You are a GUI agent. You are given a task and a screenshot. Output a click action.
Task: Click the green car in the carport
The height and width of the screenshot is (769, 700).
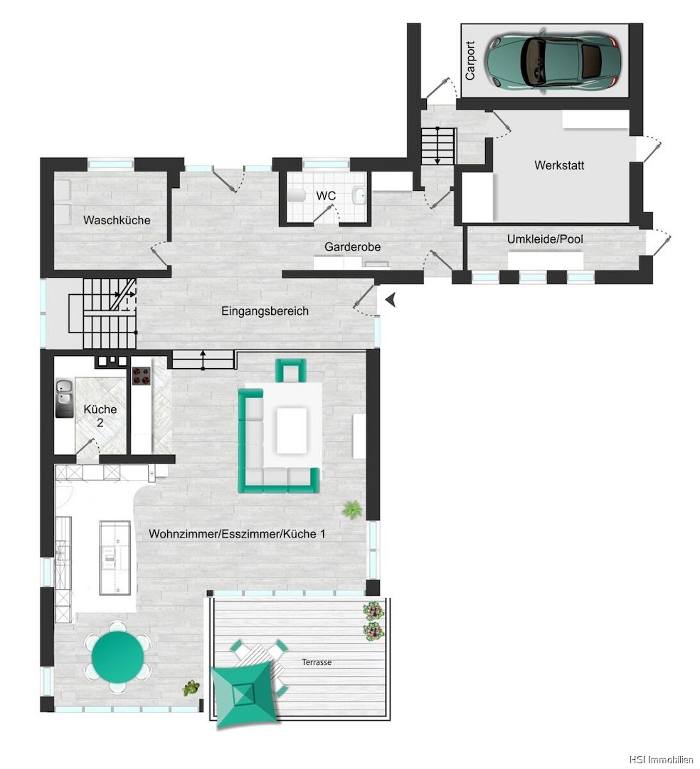553,61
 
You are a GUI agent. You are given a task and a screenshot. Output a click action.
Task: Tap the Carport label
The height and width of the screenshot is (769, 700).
470,61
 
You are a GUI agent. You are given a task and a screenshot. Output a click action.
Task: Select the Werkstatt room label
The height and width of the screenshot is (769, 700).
559,165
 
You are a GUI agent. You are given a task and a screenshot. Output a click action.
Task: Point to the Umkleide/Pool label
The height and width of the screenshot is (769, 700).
545,239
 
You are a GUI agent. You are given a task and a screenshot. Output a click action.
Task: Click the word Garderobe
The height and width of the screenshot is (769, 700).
352,246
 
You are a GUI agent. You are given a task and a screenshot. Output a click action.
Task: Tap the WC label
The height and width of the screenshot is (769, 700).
326,196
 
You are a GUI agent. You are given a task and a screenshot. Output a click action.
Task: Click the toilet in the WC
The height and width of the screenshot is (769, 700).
297,197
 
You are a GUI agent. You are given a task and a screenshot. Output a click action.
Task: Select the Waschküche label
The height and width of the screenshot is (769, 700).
117,220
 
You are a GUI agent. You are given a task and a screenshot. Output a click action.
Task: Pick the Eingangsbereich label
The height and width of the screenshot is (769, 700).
265,311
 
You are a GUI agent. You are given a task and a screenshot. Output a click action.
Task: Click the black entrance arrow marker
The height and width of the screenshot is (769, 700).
391,300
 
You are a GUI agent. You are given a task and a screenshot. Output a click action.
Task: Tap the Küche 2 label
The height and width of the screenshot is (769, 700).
100,415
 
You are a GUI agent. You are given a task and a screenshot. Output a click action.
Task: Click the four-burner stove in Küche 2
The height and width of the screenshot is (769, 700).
142,376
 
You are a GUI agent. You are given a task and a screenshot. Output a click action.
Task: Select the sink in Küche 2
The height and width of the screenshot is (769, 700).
64,398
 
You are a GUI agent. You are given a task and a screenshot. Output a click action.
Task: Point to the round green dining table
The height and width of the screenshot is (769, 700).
118,656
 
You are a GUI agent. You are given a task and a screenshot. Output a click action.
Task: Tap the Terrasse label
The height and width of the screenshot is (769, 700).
317,662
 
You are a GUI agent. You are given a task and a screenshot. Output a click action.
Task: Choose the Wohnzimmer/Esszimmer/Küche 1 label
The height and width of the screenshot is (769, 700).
237,533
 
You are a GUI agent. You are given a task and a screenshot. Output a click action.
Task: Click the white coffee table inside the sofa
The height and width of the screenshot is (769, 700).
292,431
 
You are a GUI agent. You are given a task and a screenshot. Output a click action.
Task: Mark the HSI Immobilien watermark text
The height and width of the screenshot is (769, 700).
661,760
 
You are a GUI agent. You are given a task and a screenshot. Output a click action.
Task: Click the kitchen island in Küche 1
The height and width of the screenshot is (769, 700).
115,558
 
